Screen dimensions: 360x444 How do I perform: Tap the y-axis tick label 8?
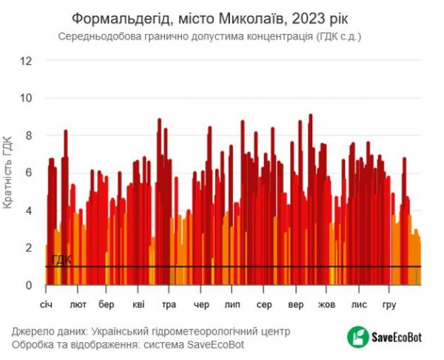(30, 136)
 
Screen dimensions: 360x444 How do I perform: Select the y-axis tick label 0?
(30, 285)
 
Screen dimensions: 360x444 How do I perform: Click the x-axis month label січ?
(47, 304)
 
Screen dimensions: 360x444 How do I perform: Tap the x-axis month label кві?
(138, 304)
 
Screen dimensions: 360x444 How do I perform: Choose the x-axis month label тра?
(169, 304)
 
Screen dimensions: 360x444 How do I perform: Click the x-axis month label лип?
(232, 304)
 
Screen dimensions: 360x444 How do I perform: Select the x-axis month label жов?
(326, 304)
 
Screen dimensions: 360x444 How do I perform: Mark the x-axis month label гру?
(389, 304)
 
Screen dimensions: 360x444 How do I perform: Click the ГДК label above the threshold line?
(61, 260)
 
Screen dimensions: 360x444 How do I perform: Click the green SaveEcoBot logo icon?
(358, 337)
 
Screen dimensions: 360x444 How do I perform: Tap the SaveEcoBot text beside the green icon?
(397, 337)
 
